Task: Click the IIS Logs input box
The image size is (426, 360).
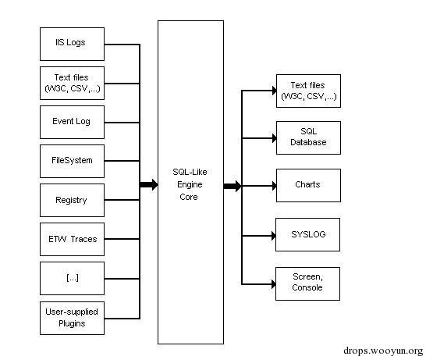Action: pyautogui.click(x=72, y=44)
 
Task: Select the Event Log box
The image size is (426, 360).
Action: pyautogui.click(x=72, y=122)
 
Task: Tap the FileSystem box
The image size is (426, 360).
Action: pyautogui.click(x=72, y=161)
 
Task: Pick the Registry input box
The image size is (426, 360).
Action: pyautogui.click(x=72, y=200)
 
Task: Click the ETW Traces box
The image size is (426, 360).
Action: pyautogui.click(x=72, y=239)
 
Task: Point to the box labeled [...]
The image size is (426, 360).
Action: pyautogui.click(x=72, y=278)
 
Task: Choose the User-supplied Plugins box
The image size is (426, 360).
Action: pyautogui.click(x=72, y=317)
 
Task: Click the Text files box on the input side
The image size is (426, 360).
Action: pyautogui.click(x=72, y=83)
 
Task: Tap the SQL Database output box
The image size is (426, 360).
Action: pyautogui.click(x=308, y=137)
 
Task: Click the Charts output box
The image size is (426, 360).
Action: pyautogui.click(x=308, y=185)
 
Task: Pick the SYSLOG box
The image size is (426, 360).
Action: pyautogui.click(x=308, y=234)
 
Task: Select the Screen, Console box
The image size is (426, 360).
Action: pyautogui.click(x=308, y=283)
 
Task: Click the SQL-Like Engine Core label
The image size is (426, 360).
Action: pyautogui.click(x=190, y=186)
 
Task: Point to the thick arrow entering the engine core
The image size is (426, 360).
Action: pyautogui.click(x=149, y=185)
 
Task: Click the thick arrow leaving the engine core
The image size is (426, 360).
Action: pyautogui.click(x=232, y=186)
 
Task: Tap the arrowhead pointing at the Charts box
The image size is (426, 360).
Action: pyautogui.click(x=272, y=186)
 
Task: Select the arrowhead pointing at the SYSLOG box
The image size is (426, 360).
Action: pyautogui.click(x=272, y=234)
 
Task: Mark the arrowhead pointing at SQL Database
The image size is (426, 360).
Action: pyautogui.click(x=272, y=137)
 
